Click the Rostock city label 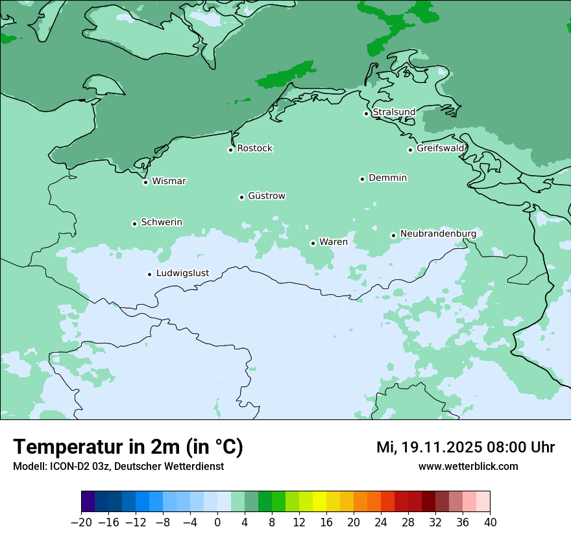pos(254,148)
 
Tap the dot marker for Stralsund pos(366,113)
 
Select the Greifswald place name pos(440,148)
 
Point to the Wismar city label pos(169,181)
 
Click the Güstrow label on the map pos(266,196)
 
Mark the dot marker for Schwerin pos(134,224)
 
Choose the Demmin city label pos(387,178)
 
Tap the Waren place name pos(333,242)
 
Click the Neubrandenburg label pos(438,233)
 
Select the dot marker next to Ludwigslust pos(149,274)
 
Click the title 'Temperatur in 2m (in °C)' pos(128,447)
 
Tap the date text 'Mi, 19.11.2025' pos(428,447)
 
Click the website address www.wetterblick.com pos(468,467)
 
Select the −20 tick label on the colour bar pos(81,522)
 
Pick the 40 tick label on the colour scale pos(490,522)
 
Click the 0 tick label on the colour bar pos(217,522)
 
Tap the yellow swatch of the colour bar pos(319,502)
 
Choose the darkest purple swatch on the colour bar pos(88,502)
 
